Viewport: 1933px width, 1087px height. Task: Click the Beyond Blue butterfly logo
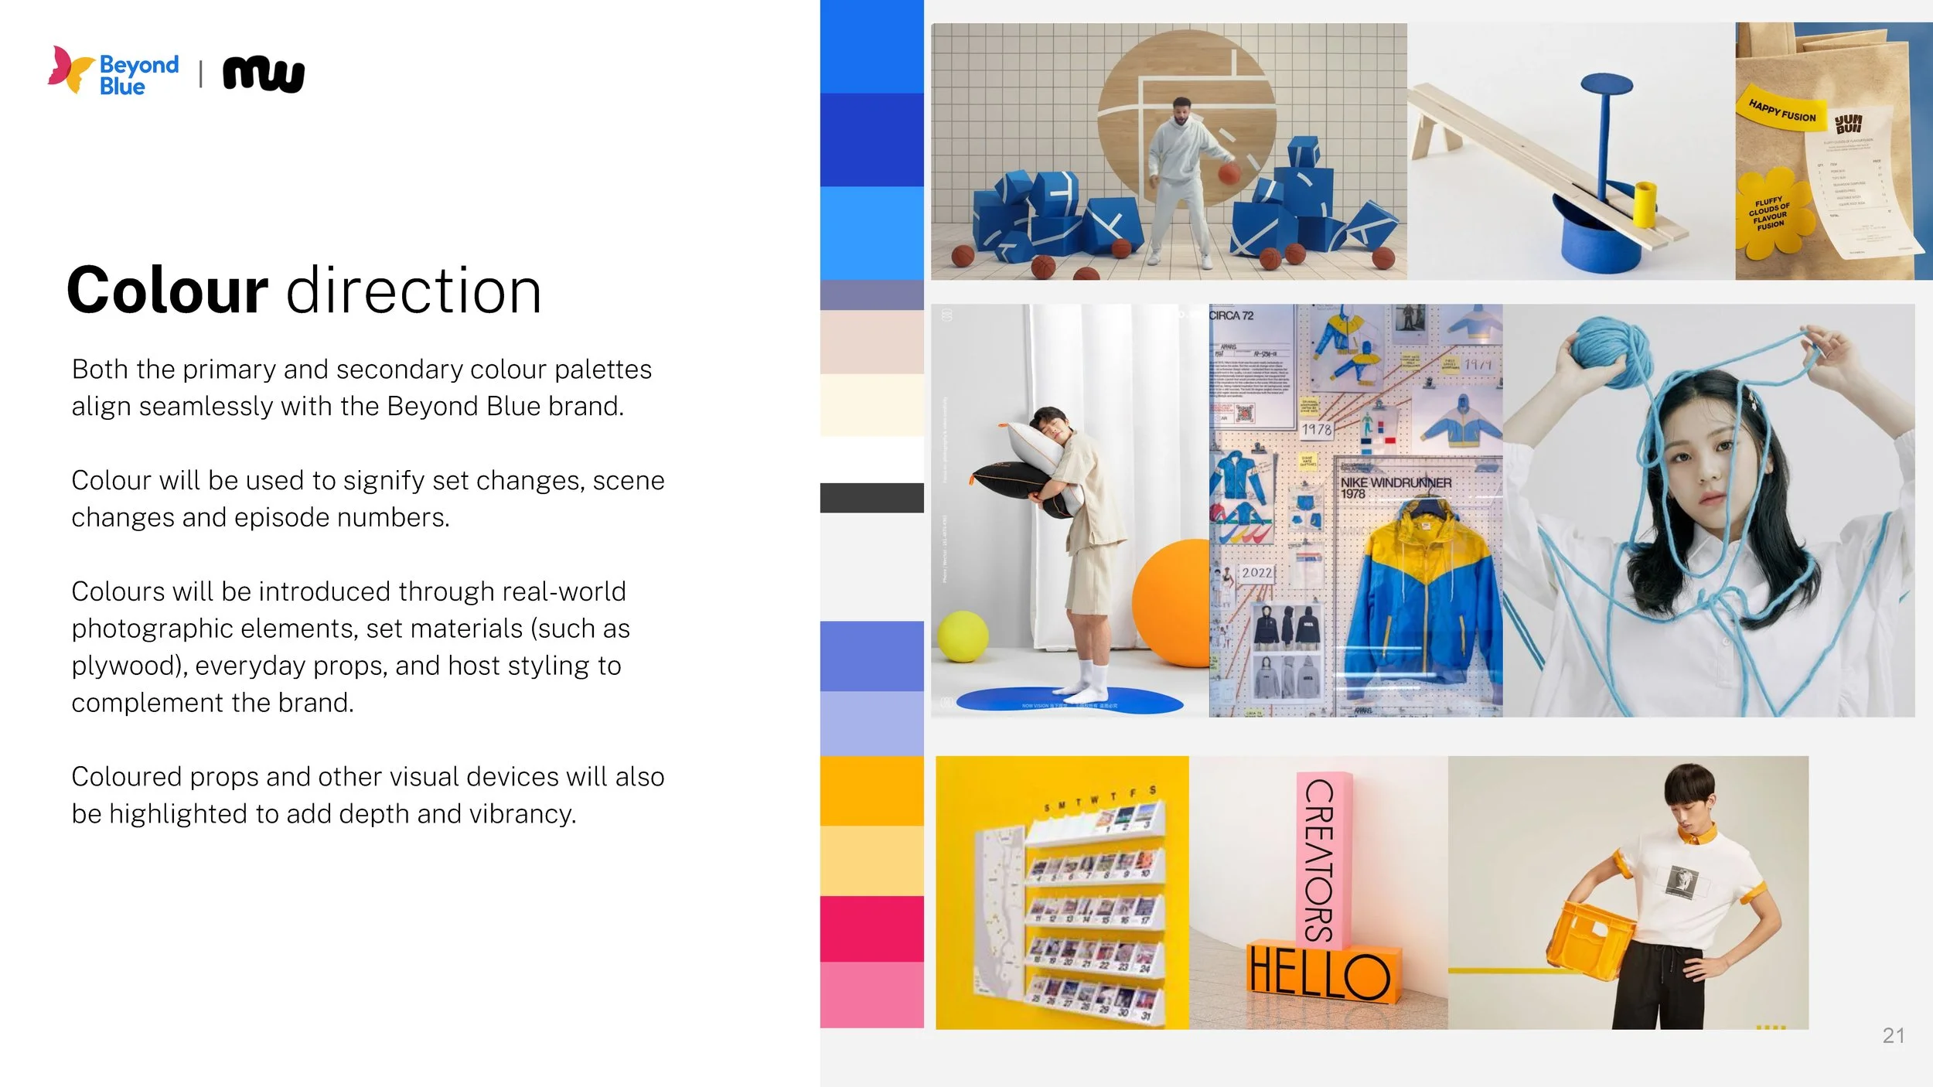(x=71, y=70)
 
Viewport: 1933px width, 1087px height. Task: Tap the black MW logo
(x=264, y=75)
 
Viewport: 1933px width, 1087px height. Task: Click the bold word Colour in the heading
(x=167, y=291)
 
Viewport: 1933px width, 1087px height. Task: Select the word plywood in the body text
(x=124, y=666)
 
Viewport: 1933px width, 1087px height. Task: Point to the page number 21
(x=1893, y=1035)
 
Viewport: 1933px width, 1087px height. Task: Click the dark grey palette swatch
(x=871, y=498)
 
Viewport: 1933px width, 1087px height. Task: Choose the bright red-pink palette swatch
(x=871, y=929)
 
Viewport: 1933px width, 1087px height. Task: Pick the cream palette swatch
(x=871, y=404)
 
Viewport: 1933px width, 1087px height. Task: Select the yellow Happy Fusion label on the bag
(x=1781, y=111)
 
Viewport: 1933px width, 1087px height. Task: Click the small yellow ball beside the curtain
(x=963, y=636)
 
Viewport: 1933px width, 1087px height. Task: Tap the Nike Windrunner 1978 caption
(x=1395, y=488)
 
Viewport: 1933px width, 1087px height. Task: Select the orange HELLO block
(x=1322, y=973)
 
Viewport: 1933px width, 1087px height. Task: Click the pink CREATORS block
(x=1323, y=858)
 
